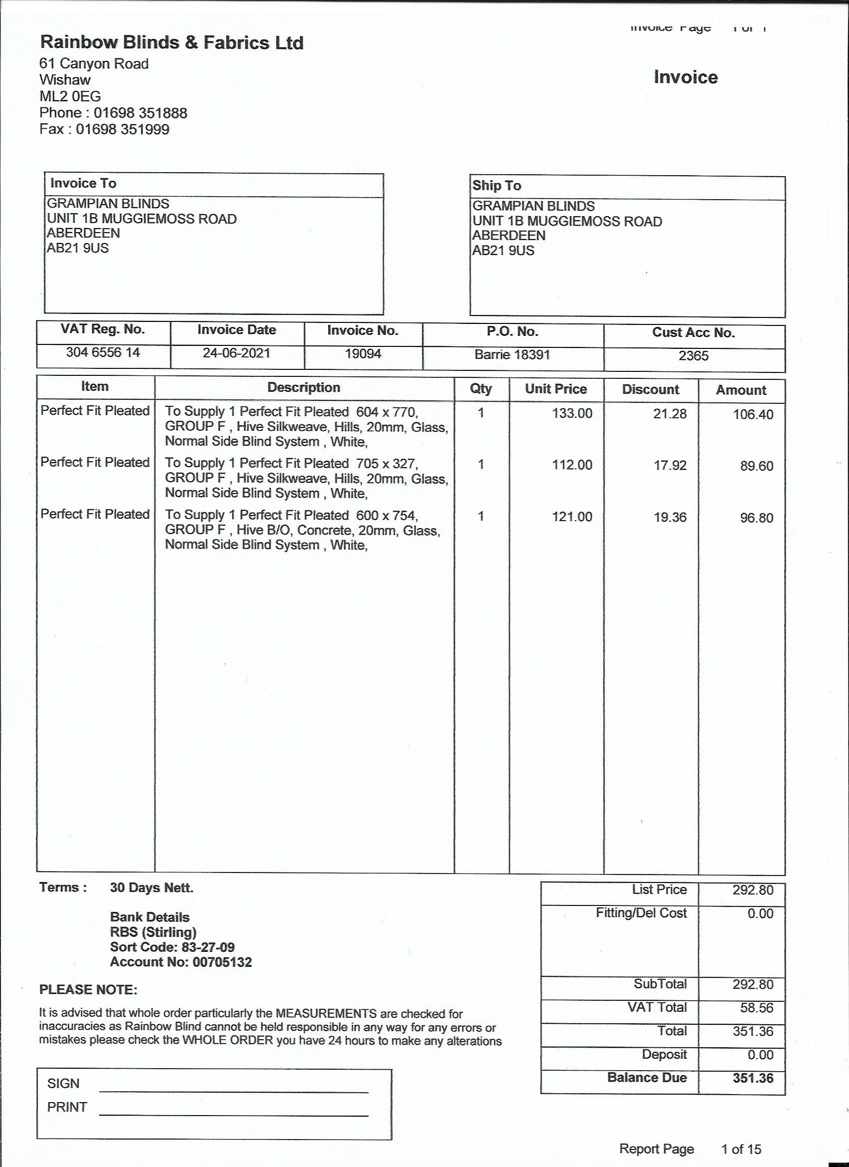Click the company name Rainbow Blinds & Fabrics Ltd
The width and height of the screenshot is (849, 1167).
(x=171, y=42)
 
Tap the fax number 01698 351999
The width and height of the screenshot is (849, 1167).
(x=122, y=129)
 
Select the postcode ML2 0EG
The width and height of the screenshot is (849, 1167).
(x=70, y=96)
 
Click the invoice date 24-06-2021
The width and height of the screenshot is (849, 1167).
(x=236, y=353)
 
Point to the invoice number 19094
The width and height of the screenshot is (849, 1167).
(x=363, y=353)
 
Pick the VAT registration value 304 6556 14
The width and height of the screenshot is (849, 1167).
(x=103, y=352)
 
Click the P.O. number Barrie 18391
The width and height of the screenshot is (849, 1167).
(x=512, y=354)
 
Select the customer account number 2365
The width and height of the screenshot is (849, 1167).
(x=694, y=355)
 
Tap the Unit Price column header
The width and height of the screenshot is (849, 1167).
(x=555, y=388)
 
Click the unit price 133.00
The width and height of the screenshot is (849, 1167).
(x=572, y=413)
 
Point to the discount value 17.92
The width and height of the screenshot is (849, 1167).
(x=670, y=465)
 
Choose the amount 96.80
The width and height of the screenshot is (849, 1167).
(x=756, y=518)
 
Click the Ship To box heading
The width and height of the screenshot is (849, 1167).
(x=497, y=185)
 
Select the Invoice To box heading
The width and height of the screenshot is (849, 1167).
(x=83, y=183)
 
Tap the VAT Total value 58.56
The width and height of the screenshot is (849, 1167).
(x=756, y=1007)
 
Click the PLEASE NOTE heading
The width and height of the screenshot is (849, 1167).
(x=88, y=989)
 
